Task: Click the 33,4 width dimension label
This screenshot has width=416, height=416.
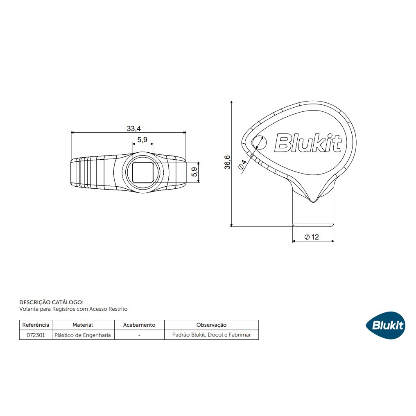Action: (134, 129)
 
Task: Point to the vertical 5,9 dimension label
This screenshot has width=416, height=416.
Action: (194, 172)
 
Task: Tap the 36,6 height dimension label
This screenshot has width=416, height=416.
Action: (227, 163)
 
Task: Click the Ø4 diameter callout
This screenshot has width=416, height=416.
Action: (242, 165)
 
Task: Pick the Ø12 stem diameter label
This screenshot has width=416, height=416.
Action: (312, 237)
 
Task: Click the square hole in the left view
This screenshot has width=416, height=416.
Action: (143, 172)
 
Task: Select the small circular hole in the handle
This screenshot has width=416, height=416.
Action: (259, 142)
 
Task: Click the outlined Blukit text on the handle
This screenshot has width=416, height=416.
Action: (308, 143)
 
